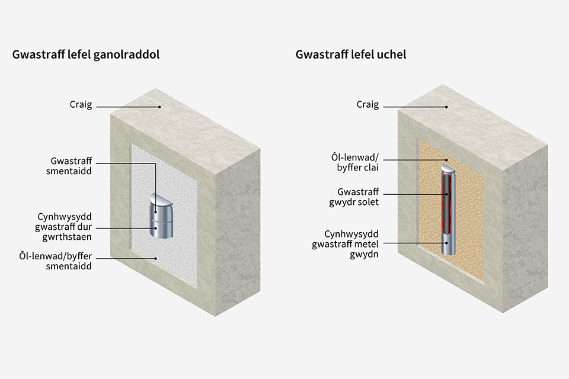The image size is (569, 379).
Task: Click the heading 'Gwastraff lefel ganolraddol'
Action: tap(86, 54)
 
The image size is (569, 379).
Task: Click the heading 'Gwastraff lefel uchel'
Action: tap(351, 54)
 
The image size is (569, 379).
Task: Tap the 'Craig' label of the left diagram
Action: tap(81, 105)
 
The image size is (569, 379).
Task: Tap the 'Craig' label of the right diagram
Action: tap(367, 105)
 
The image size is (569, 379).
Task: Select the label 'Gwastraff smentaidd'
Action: tap(69, 166)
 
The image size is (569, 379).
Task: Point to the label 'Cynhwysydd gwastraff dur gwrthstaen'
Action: tap(63, 227)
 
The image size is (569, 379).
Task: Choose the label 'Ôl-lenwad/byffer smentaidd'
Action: tap(56, 261)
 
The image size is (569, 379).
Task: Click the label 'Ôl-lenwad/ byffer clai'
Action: tap(355, 162)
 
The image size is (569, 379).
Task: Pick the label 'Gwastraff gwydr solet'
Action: tap(354, 197)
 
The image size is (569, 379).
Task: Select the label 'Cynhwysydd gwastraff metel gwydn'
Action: tap(345, 244)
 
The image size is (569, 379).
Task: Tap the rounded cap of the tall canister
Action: tap(449, 169)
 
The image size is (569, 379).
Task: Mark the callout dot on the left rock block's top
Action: tap(159, 107)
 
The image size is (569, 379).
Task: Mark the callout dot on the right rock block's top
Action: tap(447, 107)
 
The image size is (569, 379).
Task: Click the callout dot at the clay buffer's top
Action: tap(447, 159)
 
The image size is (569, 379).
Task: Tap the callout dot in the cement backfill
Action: tap(156, 259)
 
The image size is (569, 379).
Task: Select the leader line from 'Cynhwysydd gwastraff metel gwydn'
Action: tap(415, 243)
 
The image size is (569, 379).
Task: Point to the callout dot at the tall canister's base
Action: tap(447, 243)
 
